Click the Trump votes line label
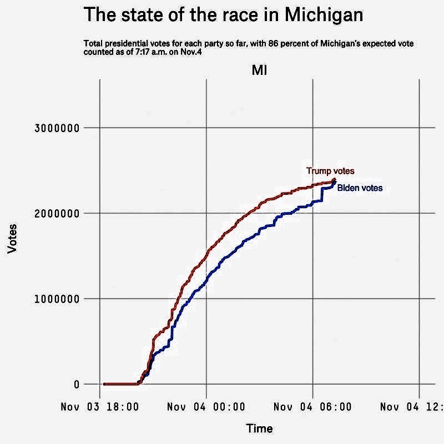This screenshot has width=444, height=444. tap(330, 171)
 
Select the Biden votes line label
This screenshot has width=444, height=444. tap(360, 189)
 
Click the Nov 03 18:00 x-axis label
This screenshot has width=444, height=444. tap(100, 407)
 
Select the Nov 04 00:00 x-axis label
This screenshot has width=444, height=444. tap(206, 407)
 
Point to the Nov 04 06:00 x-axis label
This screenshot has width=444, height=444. tap(313, 407)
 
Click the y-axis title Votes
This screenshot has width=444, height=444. tap(12, 239)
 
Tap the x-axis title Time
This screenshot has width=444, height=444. tap(259, 428)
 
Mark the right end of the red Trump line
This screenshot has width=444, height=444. tap(335, 179)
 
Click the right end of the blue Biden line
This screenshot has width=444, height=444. tap(335, 183)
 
